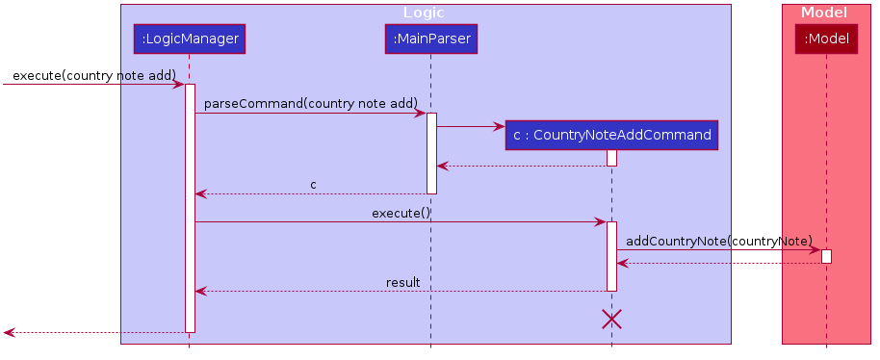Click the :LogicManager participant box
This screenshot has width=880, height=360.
(189, 39)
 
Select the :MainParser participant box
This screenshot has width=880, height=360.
(430, 39)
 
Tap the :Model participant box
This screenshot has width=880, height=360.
(826, 39)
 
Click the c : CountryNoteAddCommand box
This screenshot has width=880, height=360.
(611, 136)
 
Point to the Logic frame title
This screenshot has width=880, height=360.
(424, 13)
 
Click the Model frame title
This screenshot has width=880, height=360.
(824, 13)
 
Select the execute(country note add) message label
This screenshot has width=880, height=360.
(93, 75)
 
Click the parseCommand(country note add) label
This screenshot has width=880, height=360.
(310, 104)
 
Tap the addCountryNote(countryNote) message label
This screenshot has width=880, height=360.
(719, 241)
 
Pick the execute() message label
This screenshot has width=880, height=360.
(401, 213)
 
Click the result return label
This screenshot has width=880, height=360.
(402, 282)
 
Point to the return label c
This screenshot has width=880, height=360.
(313, 184)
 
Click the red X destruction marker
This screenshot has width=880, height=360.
(611, 319)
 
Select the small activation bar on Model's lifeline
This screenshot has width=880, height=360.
(826, 256)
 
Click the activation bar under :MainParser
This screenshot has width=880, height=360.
(431, 153)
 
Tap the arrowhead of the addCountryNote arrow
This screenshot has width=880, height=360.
(815, 250)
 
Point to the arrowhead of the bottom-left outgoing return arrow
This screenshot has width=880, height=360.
(9, 332)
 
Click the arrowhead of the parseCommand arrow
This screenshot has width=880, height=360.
(421, 114)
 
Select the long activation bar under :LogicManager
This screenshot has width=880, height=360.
(190, 208)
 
